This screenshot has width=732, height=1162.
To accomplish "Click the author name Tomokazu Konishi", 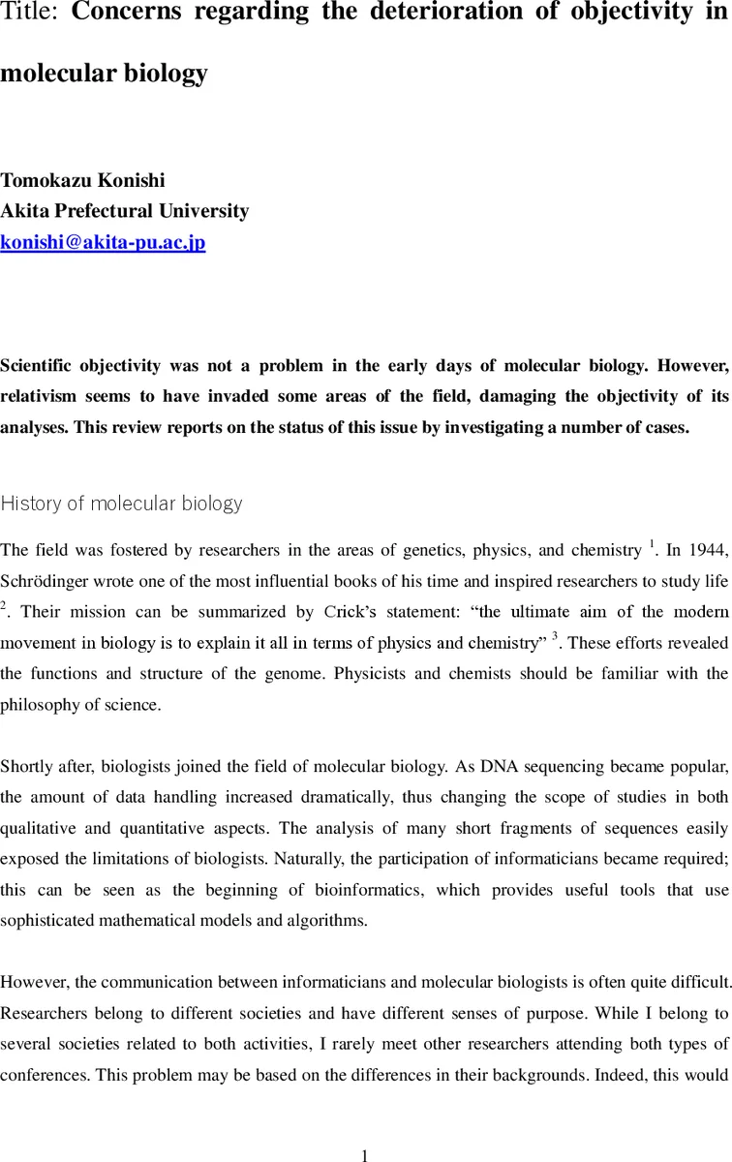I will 82,180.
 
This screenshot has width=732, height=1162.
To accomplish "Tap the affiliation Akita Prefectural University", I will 125,211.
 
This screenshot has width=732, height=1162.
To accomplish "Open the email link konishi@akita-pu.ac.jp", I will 103,242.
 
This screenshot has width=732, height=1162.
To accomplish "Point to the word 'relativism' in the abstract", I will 40,397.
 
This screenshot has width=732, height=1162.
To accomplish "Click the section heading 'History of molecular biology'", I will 121,504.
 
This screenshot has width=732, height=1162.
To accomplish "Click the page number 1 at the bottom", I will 365,1129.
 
